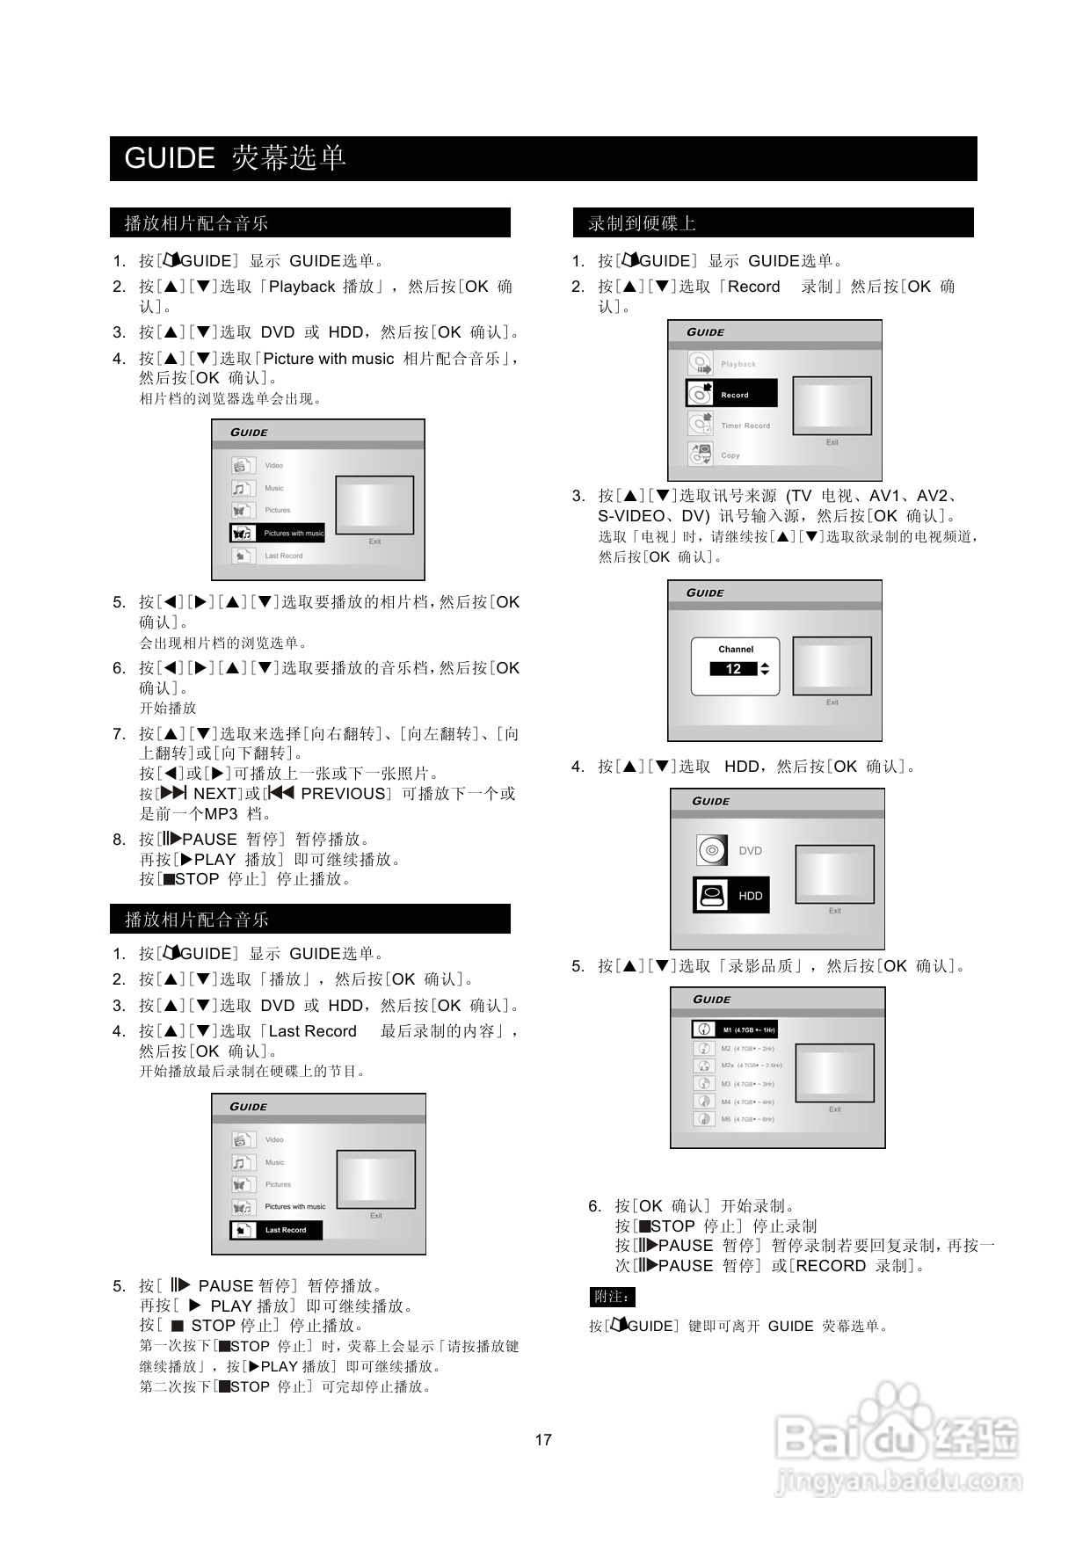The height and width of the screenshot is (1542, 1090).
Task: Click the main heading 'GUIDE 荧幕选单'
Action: click(236, 158)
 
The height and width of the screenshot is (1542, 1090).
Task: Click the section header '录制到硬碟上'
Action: click(642, 223)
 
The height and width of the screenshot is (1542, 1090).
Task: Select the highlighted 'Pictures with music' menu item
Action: click(278, 533)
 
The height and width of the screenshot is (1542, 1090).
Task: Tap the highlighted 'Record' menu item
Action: click(732, 394)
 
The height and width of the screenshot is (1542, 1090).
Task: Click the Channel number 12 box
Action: click(734, 669)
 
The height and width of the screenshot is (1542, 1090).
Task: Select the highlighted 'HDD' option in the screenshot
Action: click(731, 895)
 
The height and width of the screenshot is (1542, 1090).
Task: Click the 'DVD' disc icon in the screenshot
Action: click(712, 850)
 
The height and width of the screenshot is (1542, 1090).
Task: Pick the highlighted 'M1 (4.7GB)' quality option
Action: click(735, 1029)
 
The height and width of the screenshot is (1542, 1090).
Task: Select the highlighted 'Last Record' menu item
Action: click(276, 1230)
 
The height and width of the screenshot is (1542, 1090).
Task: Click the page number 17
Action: click(543, 1439)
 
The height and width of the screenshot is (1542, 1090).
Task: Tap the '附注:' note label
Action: click(612, 1297)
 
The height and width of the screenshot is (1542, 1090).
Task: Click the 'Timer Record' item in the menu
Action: click(745, 426)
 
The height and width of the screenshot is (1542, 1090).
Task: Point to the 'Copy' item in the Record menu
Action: click(730, 455)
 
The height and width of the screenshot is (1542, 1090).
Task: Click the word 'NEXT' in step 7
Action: click(215, 793)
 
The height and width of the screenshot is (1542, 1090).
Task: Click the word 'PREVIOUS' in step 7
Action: click(343, 793)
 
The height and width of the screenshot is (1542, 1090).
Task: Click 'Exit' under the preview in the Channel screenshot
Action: click(832, 702)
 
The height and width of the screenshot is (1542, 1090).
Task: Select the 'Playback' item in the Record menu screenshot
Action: click(738, 364)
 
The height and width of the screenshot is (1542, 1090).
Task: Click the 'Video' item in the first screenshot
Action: click(274, 465)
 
